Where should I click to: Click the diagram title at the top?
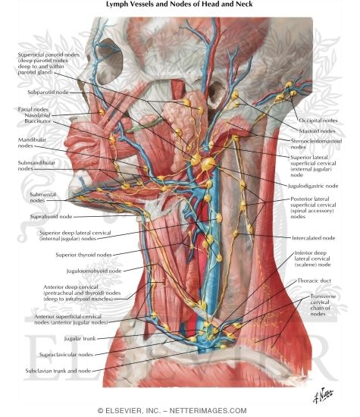click(x=180, y=4)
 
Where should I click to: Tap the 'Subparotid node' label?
click(x=48, y=92)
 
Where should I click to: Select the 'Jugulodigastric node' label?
click(x=313, y=186)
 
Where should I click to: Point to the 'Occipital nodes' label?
click(x=318, y=121)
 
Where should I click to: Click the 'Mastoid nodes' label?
click(x=318, y=131)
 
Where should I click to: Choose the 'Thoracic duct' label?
click(x=315, y=281)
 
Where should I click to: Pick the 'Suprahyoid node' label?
click(x=51, y=217)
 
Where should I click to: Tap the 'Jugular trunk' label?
click(x=80, y=339)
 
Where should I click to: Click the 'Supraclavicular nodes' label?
click(x=66, y=355)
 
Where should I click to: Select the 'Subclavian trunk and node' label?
click(x=58, y=371)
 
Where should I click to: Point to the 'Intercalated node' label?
click(x=314, y=238)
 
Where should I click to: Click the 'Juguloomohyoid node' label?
click(x=94, y=271)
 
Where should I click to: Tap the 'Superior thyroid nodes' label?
click(x=84, y=255)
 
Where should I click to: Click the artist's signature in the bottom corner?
click(x=323, y=395)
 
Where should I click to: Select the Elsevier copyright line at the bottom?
click(x=172, y=410)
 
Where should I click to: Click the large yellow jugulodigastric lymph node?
click(x=208, y=164)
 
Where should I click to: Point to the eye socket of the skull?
click(x=111, y=61)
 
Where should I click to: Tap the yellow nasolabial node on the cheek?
click(x=101, y=112)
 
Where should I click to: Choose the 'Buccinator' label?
click(x=37, y=121)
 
